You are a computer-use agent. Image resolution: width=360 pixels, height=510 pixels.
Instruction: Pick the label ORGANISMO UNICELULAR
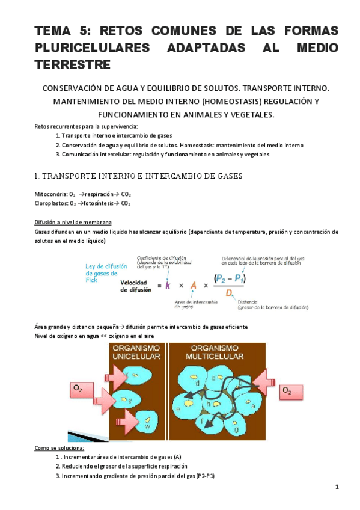(x=137, y=352)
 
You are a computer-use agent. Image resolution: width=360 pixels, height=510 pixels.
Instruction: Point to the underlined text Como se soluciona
(x=59, y=448)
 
